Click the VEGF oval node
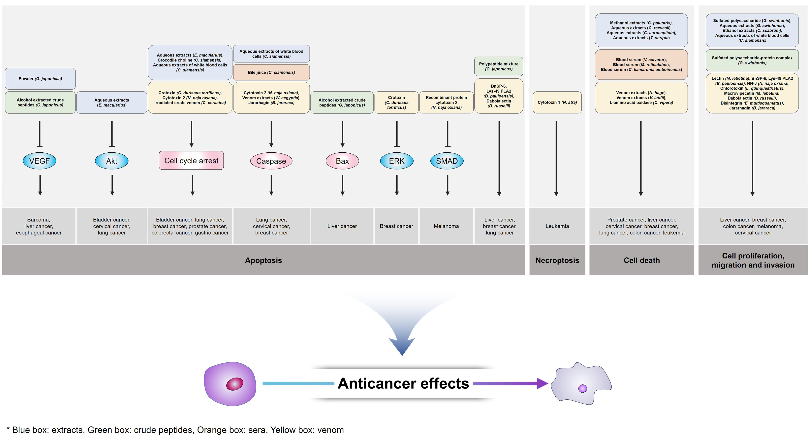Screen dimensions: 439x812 click(39, 161)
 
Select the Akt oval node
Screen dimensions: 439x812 click(112, 161)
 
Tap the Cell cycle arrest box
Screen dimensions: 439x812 click(191, 161)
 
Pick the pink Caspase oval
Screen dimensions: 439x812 click(271, 161)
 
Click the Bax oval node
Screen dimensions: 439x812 click(342, 161)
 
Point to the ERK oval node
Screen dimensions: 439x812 click(397, 161)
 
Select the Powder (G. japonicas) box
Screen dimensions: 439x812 click(40, 79)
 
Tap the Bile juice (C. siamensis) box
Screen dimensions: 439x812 click(271, 72)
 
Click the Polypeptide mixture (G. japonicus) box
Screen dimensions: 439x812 click(499, 66)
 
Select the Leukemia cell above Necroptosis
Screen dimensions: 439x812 click(557, 226)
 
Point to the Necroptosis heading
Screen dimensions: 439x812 click(557, 260)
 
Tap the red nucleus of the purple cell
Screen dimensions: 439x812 click(234, 384)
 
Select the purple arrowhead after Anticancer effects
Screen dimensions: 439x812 click(542, 383)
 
